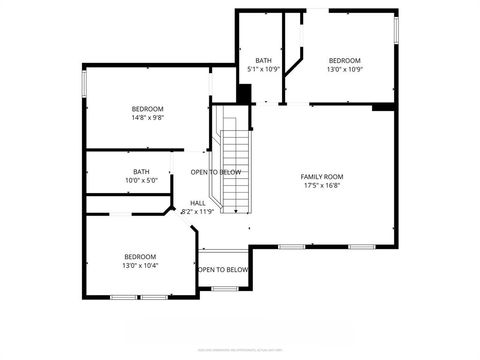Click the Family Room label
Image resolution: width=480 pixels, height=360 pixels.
(x=321, y=177)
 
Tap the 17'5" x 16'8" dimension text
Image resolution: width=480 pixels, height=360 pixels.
(x=321, y=185)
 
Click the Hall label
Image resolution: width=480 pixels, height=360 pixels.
(x=198, y=203)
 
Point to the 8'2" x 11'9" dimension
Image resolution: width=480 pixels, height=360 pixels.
(x=198, y=211)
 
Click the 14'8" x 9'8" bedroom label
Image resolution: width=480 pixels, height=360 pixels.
(x=147, y=109)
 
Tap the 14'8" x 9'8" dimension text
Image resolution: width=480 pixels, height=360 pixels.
(x=147, y=117)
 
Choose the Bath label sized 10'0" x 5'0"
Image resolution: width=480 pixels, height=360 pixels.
(x=141, y=172)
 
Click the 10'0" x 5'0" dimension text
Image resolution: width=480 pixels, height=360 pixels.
(x=141, y=180)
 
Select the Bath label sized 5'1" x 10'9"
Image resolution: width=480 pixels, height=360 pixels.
(x=263, y=60)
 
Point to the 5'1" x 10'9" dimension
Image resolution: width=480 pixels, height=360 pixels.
(x=263, y=68)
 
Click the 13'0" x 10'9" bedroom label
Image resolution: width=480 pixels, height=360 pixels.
(x=345, y=60)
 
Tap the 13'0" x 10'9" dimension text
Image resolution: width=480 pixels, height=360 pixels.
(x=345, y=68)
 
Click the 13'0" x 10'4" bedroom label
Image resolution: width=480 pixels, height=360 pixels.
(x=140, y=257)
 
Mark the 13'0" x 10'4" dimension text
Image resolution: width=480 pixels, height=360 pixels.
(x=140, y=265)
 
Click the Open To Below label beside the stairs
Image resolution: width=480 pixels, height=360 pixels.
(x=216, y=172)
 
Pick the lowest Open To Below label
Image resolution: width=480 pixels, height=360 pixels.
(x=222, y=270)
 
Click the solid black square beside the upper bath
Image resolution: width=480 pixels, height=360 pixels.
(x=243, y=94)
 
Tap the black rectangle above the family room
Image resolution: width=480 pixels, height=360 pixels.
(x=382, y=105)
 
